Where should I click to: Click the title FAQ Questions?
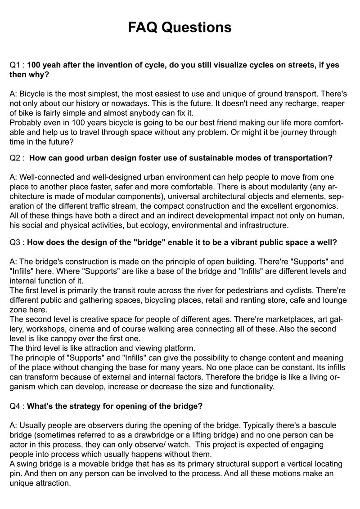click(180, 27)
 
